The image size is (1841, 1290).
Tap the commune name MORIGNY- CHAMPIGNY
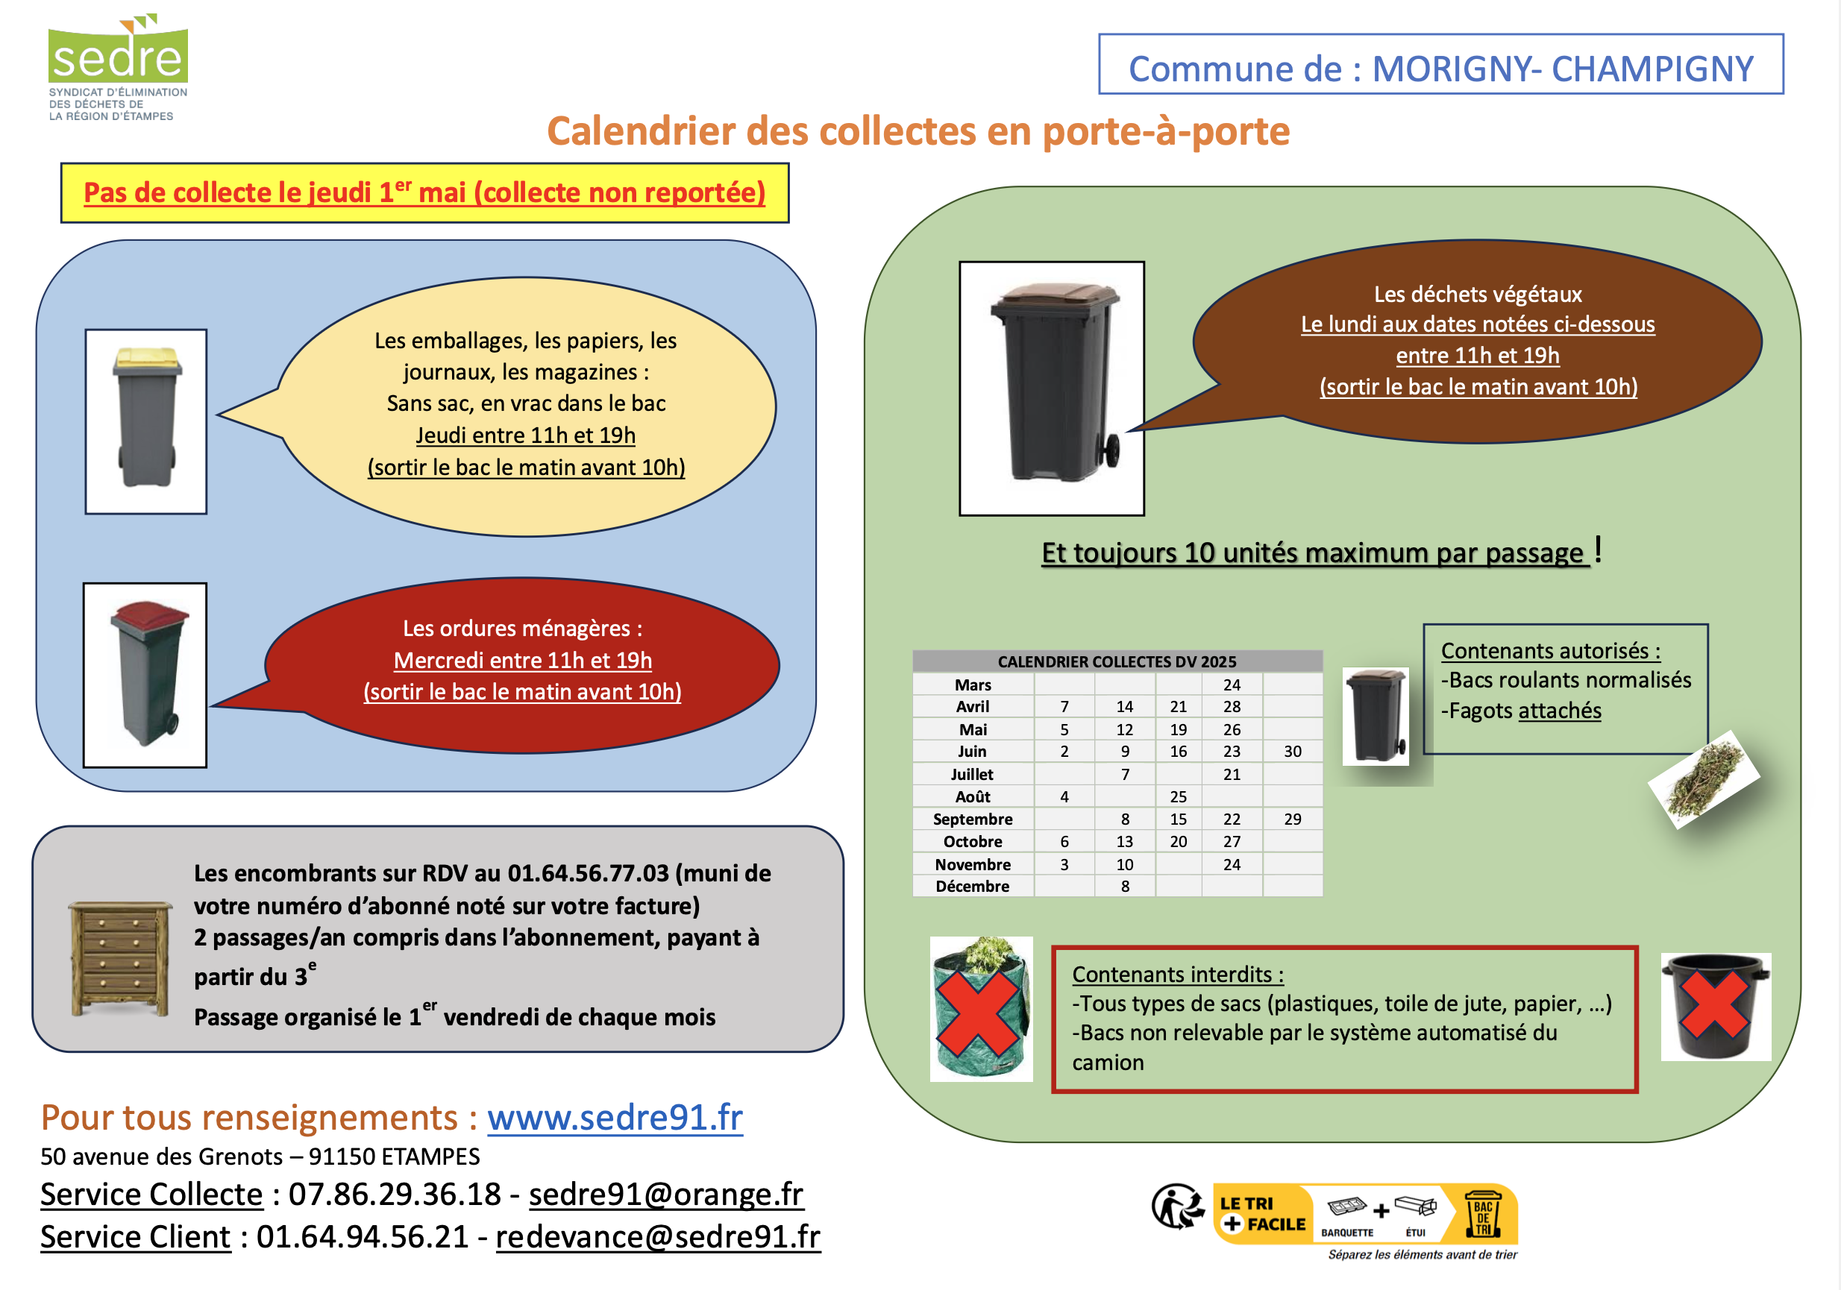point(1562,69)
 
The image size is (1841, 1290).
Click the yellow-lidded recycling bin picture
point(146,420)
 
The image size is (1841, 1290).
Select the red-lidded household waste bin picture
point(145,674)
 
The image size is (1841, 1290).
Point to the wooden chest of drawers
point(120,958)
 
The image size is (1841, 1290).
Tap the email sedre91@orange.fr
point(665,1194)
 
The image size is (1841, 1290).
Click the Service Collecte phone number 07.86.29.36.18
point(395,1194)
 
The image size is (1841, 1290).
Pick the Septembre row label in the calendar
point(973,819)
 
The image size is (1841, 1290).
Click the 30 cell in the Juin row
point(1292,751)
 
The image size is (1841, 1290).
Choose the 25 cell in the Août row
point(1178,797)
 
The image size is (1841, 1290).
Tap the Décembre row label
point(973,887)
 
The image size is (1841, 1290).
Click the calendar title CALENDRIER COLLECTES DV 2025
point(1117,661)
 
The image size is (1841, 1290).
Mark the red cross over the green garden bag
point(978,1012)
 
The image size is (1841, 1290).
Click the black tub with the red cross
point(1715,1006)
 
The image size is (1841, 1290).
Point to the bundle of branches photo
point(1704,778)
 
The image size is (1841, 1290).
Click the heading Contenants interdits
point(1177,974)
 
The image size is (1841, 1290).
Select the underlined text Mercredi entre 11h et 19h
point(523,660)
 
